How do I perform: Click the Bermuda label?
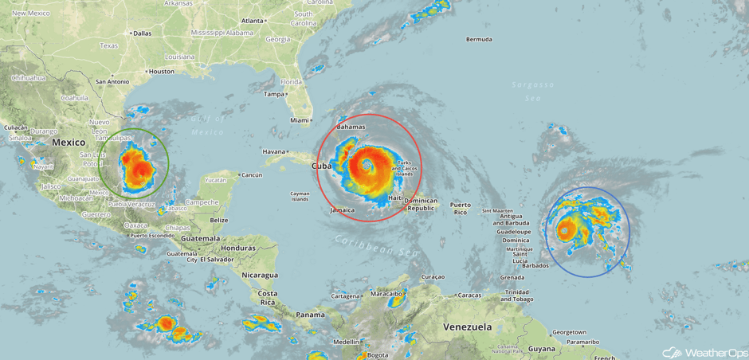(479, 39)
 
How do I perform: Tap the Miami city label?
(300, 120)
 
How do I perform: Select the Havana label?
(273, 151)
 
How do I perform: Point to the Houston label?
(161, 71)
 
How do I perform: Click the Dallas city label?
(142, 33)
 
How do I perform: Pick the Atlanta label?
(253, 20)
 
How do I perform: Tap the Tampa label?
(275, 94)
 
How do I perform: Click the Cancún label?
(252, 174)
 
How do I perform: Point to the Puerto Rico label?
(461, 209)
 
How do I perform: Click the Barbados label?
(535, 265)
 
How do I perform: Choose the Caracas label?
(470, 295)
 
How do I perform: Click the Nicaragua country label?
(260, 275)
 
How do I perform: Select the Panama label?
(310, 314)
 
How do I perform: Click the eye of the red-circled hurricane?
(367, 166)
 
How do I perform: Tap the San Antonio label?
(112, 81)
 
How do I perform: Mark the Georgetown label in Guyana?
(569, 332)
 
